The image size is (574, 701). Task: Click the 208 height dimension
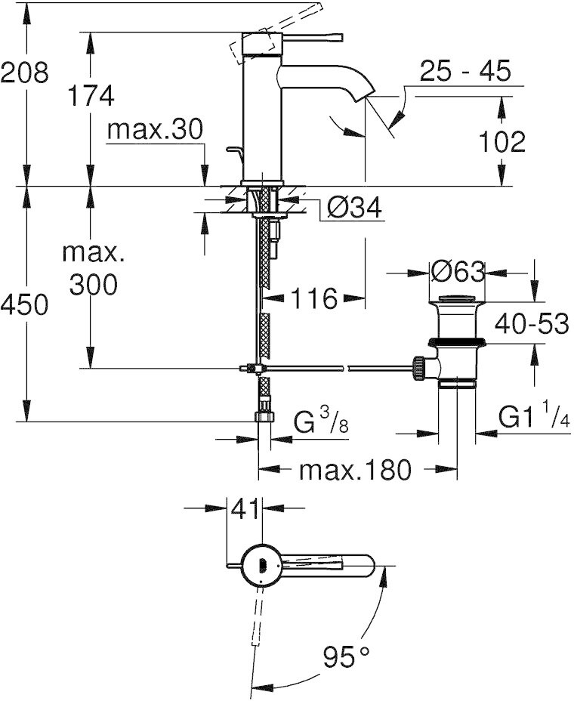click(24, 73)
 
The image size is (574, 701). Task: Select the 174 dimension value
click(91, 95)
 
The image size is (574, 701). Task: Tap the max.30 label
click(155, 129)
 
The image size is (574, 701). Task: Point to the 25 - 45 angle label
click(465, 71)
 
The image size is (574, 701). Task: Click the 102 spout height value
click(501, 142)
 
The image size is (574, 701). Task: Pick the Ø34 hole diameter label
click(354, 208)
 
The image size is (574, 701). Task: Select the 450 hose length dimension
click(24, 305)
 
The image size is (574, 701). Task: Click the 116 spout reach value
click(313, 298)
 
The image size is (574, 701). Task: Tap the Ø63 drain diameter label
click(458, 271)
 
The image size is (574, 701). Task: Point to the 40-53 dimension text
click(532, 323)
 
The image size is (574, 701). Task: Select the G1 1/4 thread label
click(534, 419)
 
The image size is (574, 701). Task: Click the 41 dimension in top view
click(245, 509)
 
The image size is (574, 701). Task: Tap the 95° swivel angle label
click(347, 656)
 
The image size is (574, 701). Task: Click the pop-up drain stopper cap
click(458, 299)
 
